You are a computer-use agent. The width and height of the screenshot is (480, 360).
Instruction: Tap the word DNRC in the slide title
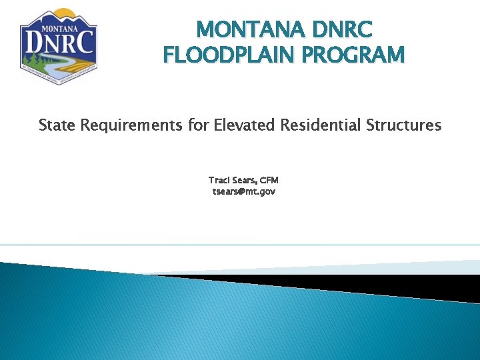point(343,30)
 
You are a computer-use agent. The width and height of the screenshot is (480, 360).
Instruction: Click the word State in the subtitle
point(57,125)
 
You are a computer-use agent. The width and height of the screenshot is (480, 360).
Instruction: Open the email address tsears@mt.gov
point(243,191)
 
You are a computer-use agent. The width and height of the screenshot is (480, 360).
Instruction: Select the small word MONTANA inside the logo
point(59,29)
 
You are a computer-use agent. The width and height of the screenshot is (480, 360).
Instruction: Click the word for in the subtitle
point(199,125)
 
